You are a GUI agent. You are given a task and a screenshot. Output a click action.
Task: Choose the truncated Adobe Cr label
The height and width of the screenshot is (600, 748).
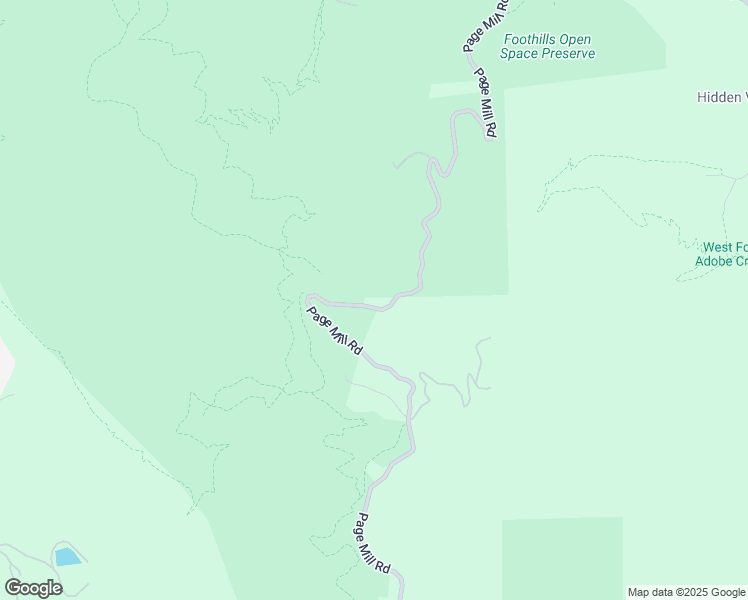pyautogui.click(x=721, y=261)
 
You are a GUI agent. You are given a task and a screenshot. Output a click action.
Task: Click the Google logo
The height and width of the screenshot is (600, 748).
pyautogui.click(x=33, y=588)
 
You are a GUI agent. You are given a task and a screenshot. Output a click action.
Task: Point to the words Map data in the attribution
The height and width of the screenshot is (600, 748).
pyautogui.click(x=650, y=592)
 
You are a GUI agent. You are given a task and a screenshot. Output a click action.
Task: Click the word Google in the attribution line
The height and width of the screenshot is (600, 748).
pyautogui.click(x=729, y=592)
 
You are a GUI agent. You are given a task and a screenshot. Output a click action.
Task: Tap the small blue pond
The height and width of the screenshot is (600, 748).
pyautogui.click(x=67, y=557)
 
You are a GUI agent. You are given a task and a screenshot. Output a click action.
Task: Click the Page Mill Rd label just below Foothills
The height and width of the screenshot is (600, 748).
pyautogui.click(x=486, y=103)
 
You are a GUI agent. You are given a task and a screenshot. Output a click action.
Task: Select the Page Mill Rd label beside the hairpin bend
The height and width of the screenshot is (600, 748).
pyautogui.click(x=334, y=330)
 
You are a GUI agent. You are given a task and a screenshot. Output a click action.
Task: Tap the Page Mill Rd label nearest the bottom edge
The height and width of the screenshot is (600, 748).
pyautogui.click(x=373, y=543)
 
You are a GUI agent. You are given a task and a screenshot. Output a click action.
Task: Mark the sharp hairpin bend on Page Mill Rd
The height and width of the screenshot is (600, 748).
pyautogui.click(x=309, y=298)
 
